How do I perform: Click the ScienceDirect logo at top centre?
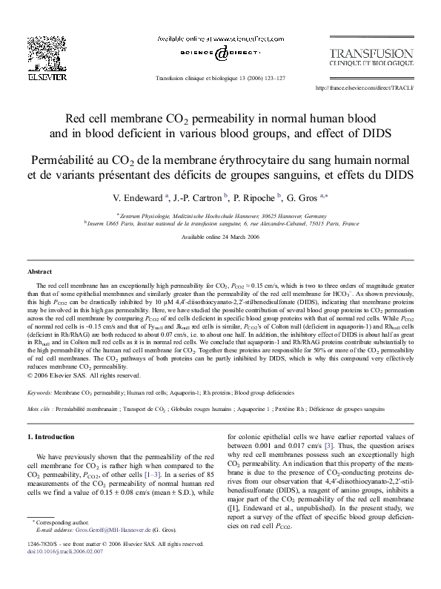pos(220,53)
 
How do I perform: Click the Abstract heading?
pos(39,272)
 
